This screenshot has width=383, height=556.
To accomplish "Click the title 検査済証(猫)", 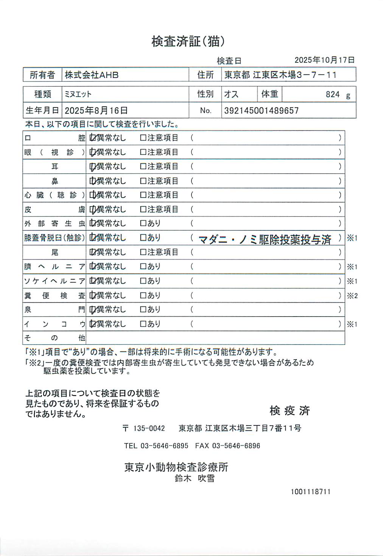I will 188,41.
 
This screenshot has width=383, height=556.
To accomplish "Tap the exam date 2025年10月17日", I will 324,60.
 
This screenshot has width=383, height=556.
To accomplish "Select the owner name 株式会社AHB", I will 92,75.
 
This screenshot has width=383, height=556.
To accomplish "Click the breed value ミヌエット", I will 78,94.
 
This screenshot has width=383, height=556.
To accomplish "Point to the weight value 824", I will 333,94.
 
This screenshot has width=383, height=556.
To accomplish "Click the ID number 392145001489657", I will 262,110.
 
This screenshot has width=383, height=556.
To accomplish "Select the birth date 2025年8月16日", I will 96,110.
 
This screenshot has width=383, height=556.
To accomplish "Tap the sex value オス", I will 231,94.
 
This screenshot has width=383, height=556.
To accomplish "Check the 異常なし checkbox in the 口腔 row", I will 92,138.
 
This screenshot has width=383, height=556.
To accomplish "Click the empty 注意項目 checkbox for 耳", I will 143,166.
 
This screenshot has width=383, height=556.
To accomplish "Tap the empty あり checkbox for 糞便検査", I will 143,295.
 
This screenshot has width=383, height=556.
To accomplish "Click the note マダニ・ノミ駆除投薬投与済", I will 265,239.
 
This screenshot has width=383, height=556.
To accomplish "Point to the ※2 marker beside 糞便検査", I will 352,296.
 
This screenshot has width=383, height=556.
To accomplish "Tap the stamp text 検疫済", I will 290,410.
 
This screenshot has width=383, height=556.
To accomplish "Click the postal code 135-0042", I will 149,429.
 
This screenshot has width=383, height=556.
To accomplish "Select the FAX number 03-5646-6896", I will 236,446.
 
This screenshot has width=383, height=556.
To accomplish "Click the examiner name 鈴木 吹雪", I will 195,478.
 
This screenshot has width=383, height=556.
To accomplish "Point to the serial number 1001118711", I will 310,492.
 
